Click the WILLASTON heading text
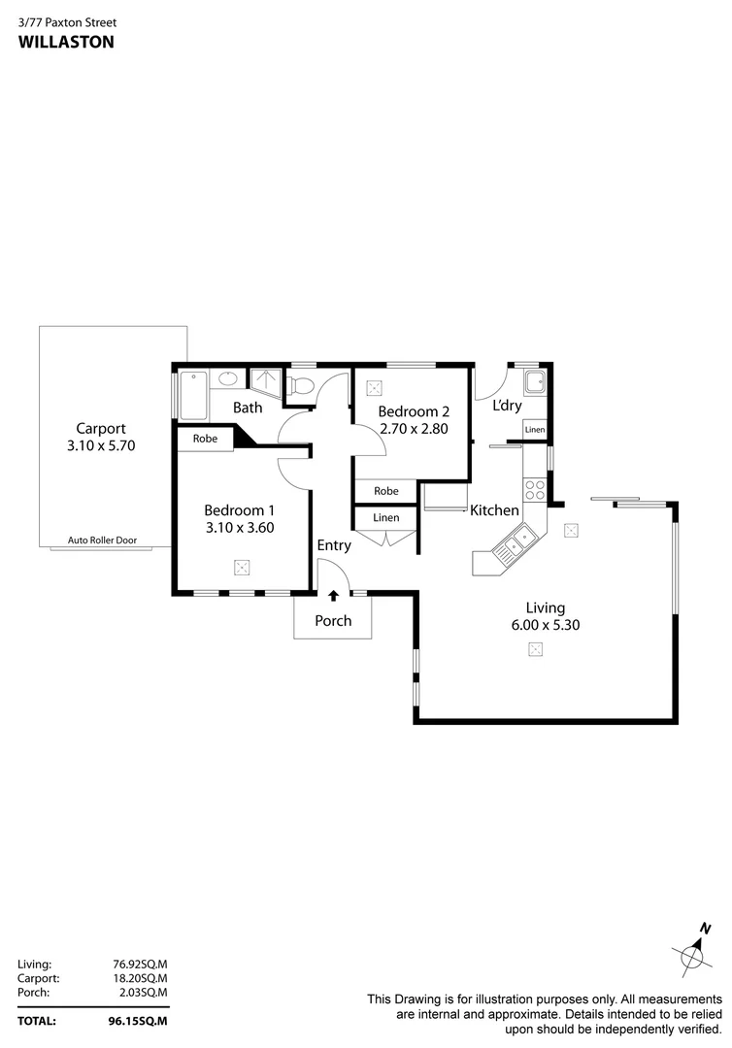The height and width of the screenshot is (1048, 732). (66, 42)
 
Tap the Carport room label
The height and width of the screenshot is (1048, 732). (101, 428)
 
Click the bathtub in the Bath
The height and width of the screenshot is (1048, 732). (190, 394)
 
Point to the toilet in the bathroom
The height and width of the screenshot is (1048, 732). (300, 386)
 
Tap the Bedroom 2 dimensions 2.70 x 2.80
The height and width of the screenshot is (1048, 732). (413, 428)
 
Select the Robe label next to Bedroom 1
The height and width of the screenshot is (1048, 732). (205, 439)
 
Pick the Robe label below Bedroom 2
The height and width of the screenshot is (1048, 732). (385, 491)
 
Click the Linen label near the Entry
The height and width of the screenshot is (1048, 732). (385, 518)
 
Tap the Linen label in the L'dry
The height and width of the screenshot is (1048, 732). (535, 429)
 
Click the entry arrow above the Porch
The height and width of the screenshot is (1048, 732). (334, 595)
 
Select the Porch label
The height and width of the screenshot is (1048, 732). (333, 621)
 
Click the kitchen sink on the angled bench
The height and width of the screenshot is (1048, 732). (516, 542)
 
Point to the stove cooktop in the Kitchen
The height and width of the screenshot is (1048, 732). (535, 490)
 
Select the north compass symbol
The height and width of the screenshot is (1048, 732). (693, 954)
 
